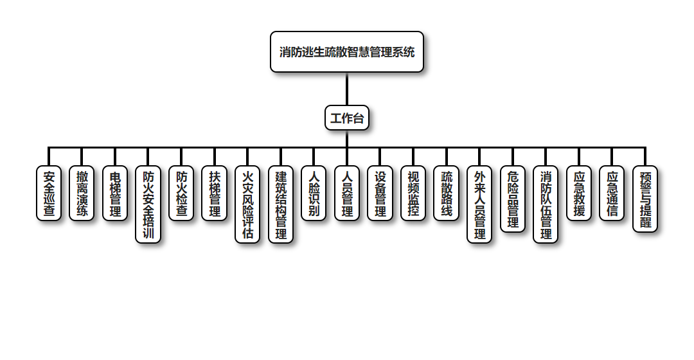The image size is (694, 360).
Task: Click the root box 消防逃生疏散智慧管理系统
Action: (347, 52)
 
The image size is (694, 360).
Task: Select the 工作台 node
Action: (347, 118)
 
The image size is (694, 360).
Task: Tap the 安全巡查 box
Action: (49, 194)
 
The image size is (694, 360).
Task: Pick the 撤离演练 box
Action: (82, 194)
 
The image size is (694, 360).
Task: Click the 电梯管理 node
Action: (115, 194)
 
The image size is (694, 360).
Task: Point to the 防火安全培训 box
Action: (148, 204)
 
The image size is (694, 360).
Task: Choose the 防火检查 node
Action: (181, 194)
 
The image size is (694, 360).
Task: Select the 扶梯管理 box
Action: (215, 194)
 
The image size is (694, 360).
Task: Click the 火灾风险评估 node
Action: (247, 204)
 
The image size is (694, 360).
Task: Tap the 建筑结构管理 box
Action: (281, 204)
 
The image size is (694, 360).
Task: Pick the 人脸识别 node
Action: (314, 194)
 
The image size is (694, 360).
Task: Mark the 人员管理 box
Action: (347, 194)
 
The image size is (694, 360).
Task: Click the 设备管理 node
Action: (380, 194)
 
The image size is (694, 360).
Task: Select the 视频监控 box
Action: (413, 194)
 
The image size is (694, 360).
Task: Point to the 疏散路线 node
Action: (447, 194)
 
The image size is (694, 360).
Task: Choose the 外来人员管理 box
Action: (479, 204)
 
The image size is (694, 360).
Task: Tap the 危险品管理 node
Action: (513, 199)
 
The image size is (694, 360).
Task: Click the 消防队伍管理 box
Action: (546, 204)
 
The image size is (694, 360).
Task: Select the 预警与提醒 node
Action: (645, 199)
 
